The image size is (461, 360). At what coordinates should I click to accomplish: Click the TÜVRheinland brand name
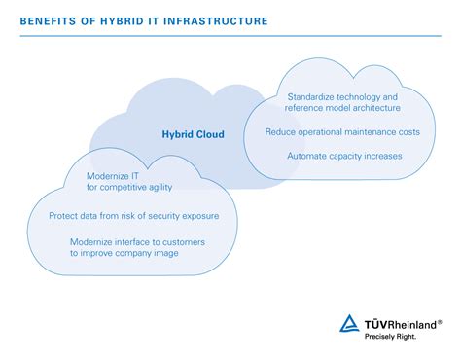point(399,323)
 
